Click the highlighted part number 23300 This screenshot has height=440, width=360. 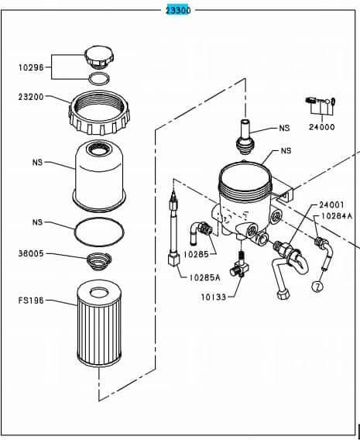[178, 10]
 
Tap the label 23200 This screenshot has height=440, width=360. [32, 98]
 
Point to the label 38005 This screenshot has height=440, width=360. [32, 253]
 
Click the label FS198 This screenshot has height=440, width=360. [32, 300]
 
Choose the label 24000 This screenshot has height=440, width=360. [321, 127]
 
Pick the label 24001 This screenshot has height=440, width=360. [330, 205]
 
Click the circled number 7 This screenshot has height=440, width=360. [316, 287]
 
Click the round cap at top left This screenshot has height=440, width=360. [99, 57]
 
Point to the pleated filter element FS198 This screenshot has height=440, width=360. [99, 326]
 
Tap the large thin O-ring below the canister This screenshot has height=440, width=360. [99, 230]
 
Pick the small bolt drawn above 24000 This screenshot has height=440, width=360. [318, 101]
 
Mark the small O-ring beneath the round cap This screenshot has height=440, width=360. [99, 77]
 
